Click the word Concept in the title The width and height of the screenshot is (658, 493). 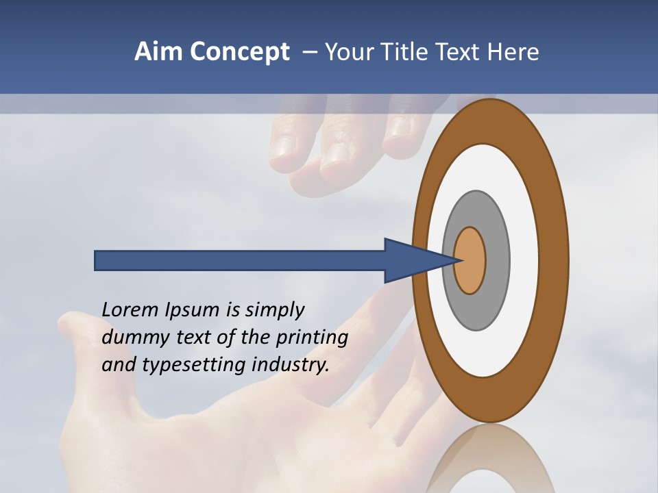pos(239,51)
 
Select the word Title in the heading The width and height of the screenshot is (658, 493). pos(406,51)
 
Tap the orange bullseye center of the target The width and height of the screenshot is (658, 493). pos(470,260)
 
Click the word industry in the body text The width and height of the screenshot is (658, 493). pos(290,365)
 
